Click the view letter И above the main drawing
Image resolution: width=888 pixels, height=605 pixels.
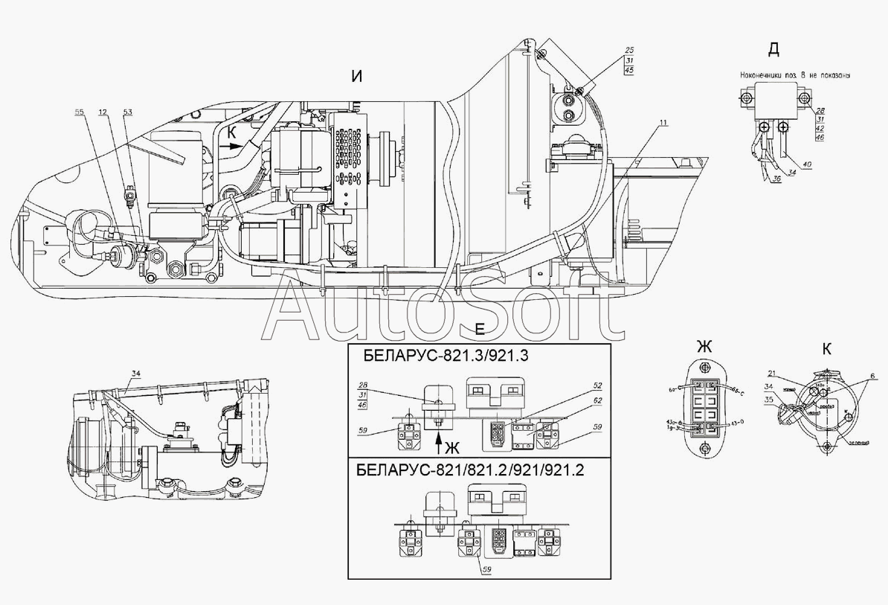pos(357,77)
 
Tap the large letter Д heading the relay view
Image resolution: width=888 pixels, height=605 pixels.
pos(773,50)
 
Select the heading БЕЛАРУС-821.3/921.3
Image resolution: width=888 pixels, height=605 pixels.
pos(446,355)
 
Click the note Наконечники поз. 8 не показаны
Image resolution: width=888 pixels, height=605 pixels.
pos(794,75)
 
